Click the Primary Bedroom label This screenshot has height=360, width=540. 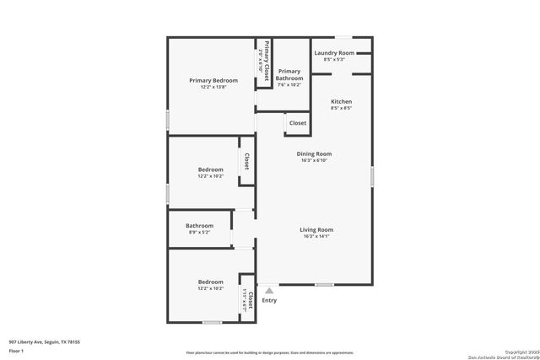coord(213,80)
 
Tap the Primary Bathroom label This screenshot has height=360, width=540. coord(289,74)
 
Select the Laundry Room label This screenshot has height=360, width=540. coord(334,53)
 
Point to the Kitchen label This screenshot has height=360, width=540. coord(341,101)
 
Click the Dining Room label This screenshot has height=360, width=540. coord(314,153)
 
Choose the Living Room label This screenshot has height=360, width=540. coord(316,229)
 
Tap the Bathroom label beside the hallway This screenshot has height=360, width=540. coord(200,225)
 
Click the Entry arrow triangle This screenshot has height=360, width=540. coord(269,289)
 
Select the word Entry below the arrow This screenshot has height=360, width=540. coord(269,300)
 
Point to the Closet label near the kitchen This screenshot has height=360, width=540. coord(298,123)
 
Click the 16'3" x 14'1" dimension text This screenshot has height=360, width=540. coord(316,237)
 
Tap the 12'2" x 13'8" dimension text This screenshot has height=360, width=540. coord(213,87)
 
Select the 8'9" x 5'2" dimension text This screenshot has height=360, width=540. coord(200,232)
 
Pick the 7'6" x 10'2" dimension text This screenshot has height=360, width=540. coord(289,85)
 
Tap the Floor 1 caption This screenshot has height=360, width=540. coord(16,350)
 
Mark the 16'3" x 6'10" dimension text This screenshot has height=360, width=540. coord(314,160)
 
